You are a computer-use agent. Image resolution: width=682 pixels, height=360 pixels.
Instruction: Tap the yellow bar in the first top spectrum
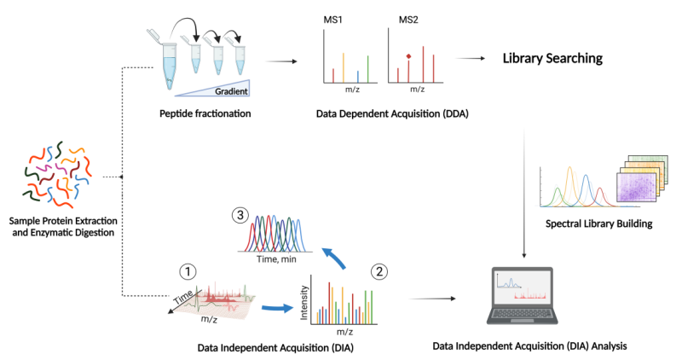click(343, 67)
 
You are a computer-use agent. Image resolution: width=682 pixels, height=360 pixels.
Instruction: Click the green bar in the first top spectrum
click(367, 68)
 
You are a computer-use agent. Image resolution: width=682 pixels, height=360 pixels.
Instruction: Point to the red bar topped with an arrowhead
click(409, 65)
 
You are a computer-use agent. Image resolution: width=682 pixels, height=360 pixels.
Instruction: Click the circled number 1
click(187, 271)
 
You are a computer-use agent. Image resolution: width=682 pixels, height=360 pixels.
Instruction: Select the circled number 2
click(380, 271)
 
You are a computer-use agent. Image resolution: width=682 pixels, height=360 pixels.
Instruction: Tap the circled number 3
click(240, 215)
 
